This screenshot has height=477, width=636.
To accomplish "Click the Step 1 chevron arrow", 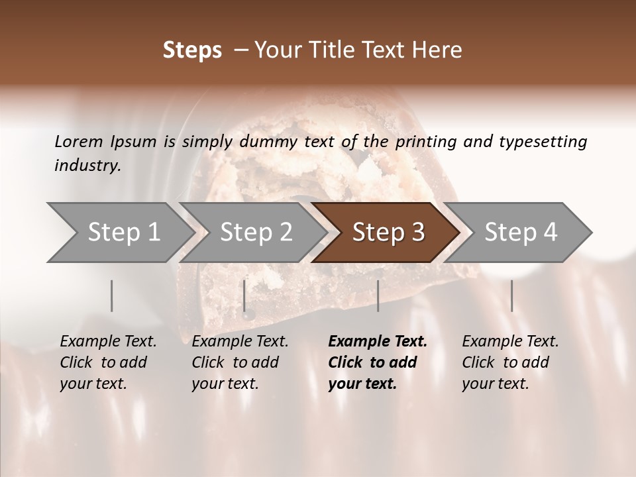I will pyautogui.click(x=119, y=233).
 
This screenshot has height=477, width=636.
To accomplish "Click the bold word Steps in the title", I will pyautogui.click(x=192, y=50).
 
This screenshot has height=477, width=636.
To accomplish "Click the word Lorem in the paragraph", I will pyautogui.click(x=78, y=141).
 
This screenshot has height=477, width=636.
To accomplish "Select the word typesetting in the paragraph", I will pyautogui.click(x=548, y=141).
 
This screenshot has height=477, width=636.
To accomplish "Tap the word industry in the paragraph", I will pyautogui.click(x=87, y=166).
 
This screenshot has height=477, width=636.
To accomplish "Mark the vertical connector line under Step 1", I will pyautogui.click(x=112, y=295).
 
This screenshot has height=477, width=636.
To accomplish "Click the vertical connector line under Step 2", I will pyautogui.click(x=244, y=295).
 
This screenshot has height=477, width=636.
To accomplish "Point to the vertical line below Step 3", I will pyautogui.click(x=378, y=295).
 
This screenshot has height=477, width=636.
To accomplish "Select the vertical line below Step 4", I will pyautogui.click(x=511, y=295).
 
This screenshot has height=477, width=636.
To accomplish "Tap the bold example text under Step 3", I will pyautogui.click(x=377, y=362).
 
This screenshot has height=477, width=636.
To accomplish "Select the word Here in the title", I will pyautogui.click(x=438, y=50).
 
